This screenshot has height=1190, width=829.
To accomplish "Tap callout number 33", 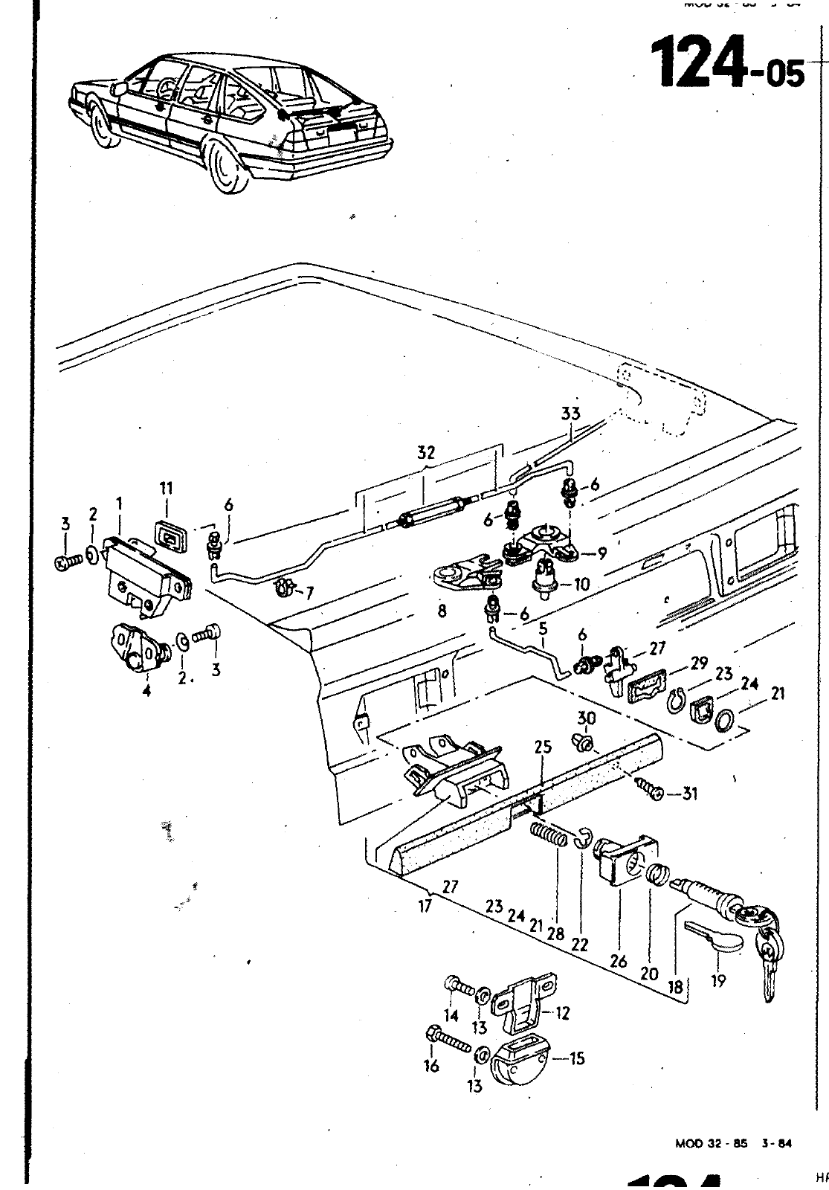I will click(x=570, y=414).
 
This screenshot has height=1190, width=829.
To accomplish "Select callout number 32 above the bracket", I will click(x=425, y=452).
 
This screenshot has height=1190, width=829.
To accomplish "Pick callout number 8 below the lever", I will click(x=442, y=612).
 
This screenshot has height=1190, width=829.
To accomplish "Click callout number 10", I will click(x=581, y=585).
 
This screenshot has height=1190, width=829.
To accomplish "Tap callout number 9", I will click(x=601, y=553).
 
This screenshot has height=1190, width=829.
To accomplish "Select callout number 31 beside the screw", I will click(x=689, y=794).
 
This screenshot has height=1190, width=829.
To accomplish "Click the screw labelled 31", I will click(x=648, y=790).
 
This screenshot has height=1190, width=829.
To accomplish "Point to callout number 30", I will click(x=587, y=717).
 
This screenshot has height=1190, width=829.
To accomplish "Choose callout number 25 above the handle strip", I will click(x=543, y=747).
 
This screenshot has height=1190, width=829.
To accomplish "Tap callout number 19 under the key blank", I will click(x=718, y=981).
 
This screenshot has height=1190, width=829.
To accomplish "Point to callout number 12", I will click(x=563, y=1013).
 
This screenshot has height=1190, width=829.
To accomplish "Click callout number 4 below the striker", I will click(x=146, y=690).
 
